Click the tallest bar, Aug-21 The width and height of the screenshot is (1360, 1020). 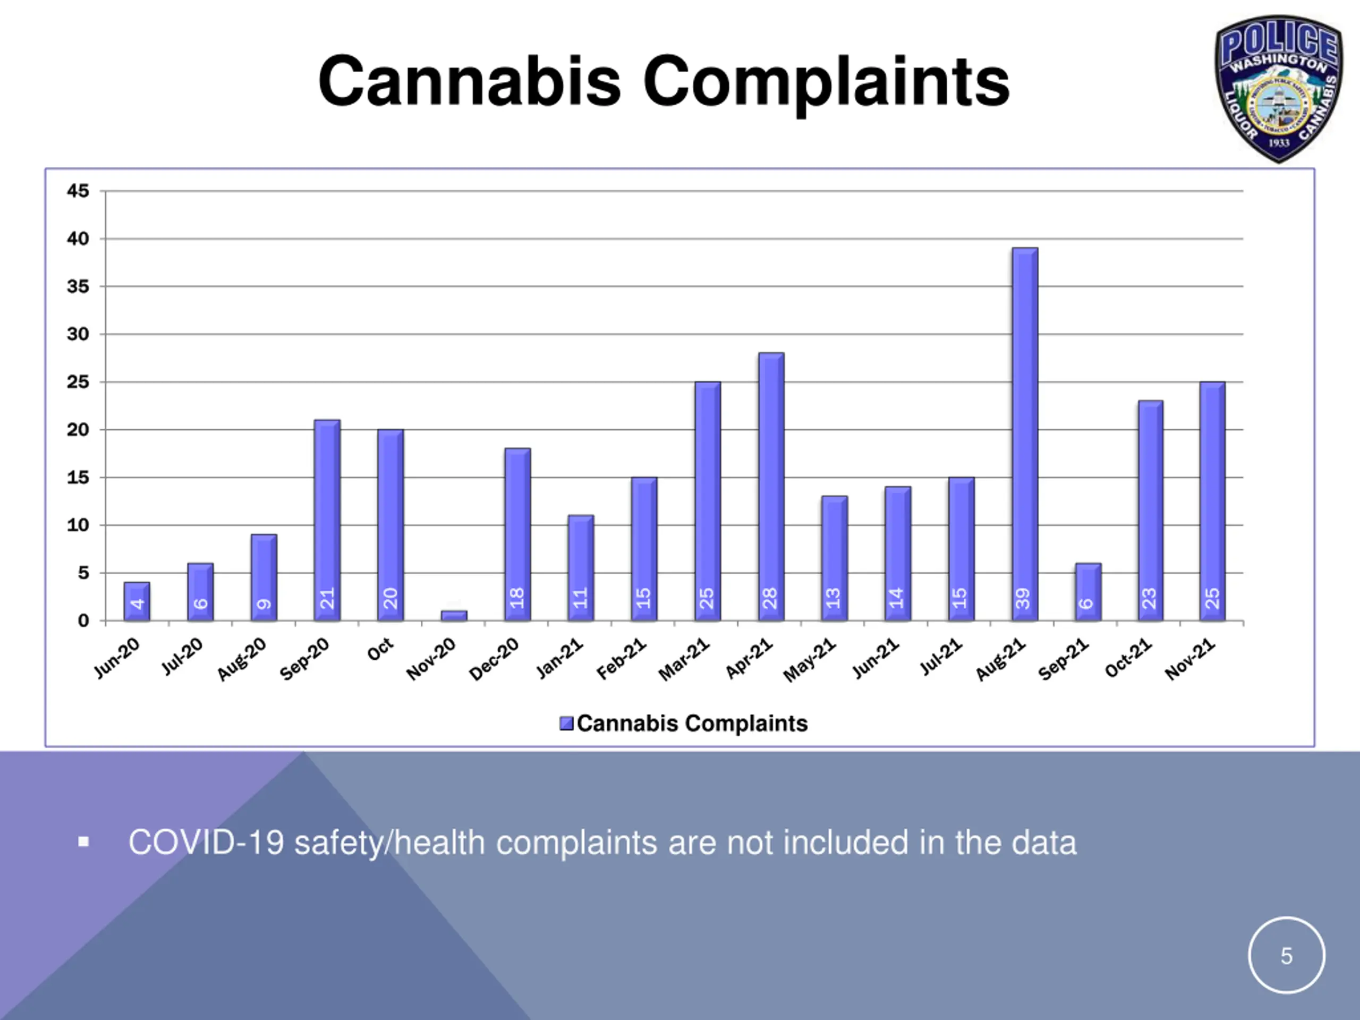point(1024,430)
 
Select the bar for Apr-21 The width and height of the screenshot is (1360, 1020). point(771,486)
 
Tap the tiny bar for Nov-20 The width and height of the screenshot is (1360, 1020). point(454,615)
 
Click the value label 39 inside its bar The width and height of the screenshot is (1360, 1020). point(1023,598)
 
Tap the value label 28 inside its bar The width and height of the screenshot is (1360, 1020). point(770,598)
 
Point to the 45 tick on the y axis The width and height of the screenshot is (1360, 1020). point(78,191)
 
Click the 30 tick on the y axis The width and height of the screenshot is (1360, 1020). point(78,335)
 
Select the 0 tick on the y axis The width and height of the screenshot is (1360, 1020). point(83,621)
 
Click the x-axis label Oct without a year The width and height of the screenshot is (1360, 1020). point(380,650)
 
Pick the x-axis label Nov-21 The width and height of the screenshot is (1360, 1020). point(1191,660)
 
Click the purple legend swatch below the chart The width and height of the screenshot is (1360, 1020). point(566,724)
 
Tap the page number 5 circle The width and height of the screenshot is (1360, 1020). point(1286,955)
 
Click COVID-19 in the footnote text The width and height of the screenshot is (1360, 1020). point(206,843)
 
